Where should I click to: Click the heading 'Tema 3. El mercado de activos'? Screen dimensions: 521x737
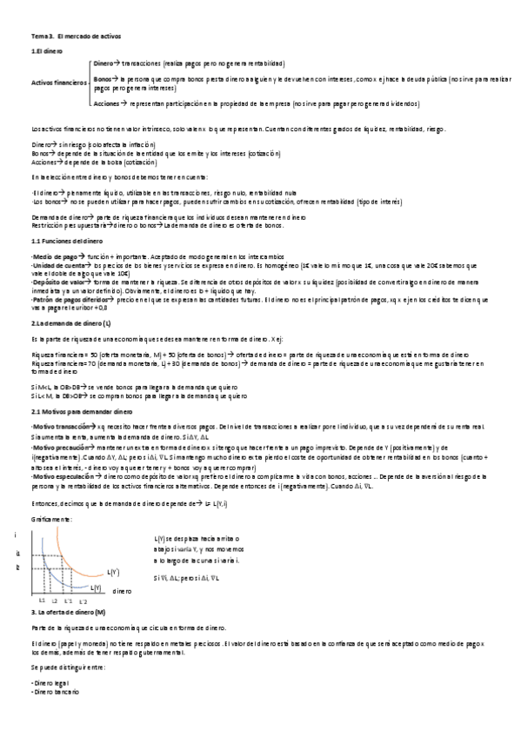click(x=77, y=37)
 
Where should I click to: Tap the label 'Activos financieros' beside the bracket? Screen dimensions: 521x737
click(x=58, y=83)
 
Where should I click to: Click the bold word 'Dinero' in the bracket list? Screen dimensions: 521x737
click(x=103, y=64)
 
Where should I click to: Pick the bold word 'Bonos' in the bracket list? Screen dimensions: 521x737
click(x=102, y=79)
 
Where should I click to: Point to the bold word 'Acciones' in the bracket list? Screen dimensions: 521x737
click(x=106, y=103)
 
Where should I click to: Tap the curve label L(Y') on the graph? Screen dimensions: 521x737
click(x=113, y=572)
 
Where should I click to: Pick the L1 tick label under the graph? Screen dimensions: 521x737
click(x=42, y=601)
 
